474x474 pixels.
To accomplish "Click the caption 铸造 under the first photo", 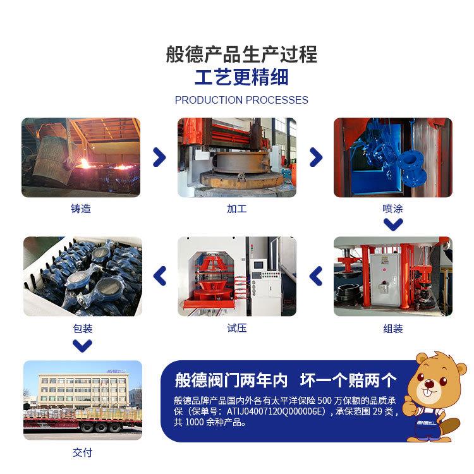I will tap(81, 209).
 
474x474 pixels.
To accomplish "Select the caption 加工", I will tap(236, 209).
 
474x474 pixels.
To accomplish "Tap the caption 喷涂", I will tap(392, 209).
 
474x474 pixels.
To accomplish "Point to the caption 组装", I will tap(392, 329).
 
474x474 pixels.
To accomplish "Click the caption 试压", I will tap(236, 328).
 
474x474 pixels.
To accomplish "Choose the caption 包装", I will tap(82, 329).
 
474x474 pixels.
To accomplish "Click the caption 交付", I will tap(82, 453).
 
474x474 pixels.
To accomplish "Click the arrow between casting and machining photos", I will tap(160, 157).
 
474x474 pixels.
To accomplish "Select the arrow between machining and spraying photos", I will tap(315, 157).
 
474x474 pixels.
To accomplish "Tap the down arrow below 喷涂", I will tap(393, 224).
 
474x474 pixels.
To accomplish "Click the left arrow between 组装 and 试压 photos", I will tap(315, 276).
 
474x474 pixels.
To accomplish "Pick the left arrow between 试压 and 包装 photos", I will tap(160, 276).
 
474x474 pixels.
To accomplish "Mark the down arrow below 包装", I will tap(82, 345).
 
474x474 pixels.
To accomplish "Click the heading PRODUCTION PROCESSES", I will tap(241, 100).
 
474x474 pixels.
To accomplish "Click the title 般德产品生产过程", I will tap(241, 54).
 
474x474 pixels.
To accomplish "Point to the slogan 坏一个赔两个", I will tap(348, 380).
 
